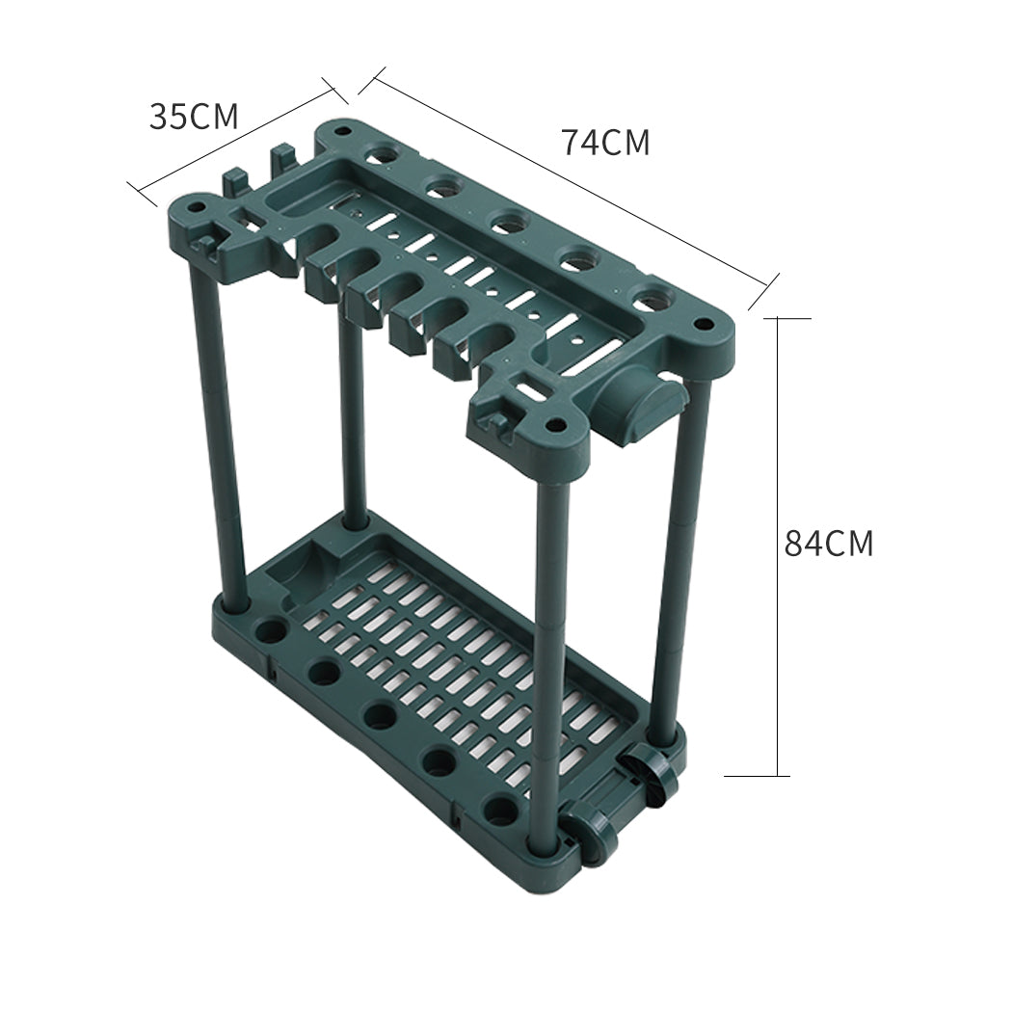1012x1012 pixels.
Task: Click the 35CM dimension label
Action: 193,117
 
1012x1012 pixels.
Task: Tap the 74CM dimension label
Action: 605,143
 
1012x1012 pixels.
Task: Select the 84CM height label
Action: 828,544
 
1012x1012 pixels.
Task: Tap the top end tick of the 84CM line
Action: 778,318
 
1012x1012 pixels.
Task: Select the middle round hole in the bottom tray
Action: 379,715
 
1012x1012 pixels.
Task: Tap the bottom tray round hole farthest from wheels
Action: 271,632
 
